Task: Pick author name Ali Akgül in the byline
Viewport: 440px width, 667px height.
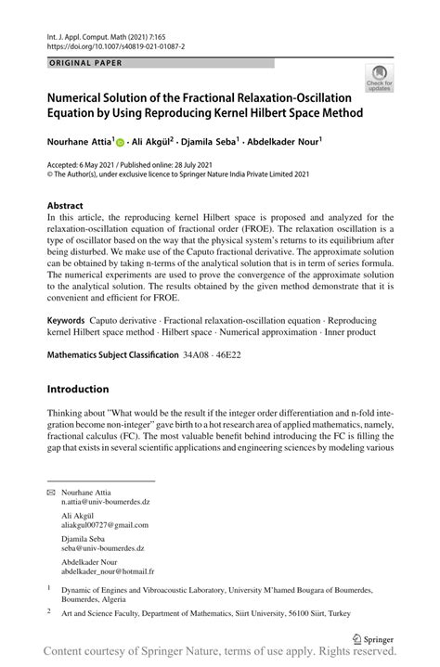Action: coord(155,144)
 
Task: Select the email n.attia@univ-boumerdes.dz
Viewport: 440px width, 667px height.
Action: coord(106,502)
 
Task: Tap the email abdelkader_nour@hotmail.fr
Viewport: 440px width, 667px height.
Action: coord(108,571)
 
